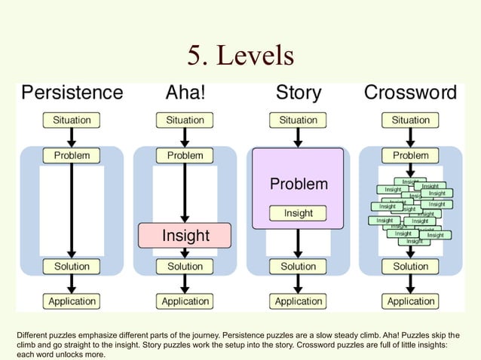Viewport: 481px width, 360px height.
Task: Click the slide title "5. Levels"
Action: click(x=240, y=55)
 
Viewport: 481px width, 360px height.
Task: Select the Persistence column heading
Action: click(x=72, y=93)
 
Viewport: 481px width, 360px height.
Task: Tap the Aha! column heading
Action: click(x=185, y=93)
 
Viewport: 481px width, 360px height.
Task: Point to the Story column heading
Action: click(x=299, y=93)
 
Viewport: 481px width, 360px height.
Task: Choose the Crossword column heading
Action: click(x=410, y=93)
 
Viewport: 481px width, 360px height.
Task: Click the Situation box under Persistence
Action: click(x=72, y=120)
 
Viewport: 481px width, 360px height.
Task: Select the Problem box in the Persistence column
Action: click(x=72, y=155)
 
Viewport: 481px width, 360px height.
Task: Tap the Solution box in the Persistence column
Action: click(x=72, y=267)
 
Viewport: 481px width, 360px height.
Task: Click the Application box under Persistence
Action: click(x=72, y=301)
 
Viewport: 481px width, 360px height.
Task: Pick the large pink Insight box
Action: click(x=185, y=236)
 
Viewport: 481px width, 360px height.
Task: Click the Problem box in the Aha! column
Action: click(x=185, y=155)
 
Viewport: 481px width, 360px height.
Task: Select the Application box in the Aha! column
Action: click(x=185, y=301)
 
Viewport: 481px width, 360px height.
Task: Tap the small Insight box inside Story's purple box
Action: click(x=299, y=214)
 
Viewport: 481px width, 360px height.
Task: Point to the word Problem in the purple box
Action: click(x=299, y=184)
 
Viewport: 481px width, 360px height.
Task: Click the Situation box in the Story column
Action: click(x=299, y=120)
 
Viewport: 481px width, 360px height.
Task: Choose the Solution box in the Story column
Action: click(x=299, y=267)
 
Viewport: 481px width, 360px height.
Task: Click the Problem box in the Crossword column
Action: click(x=410, y=155)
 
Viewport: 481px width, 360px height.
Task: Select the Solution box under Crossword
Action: click(x=410, y=267)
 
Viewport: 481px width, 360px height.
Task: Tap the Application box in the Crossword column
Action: click(x=410, y=301)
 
